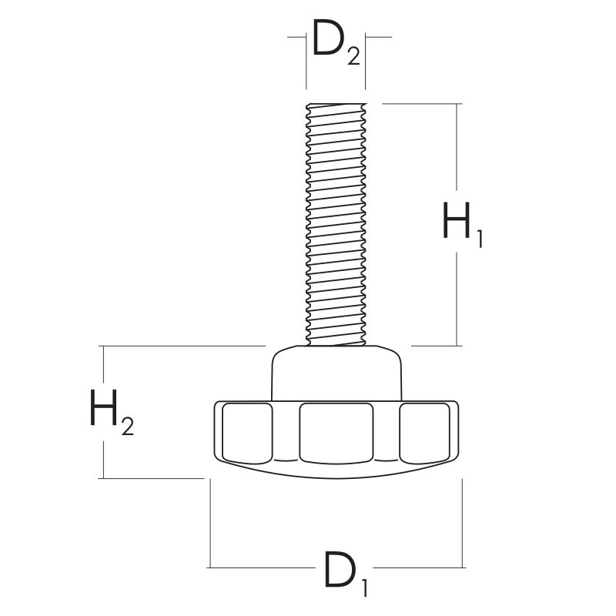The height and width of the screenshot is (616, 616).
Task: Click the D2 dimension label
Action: point(336,42)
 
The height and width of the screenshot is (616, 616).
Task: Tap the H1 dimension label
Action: point(463,224)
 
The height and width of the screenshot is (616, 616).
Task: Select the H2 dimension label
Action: point(112,412)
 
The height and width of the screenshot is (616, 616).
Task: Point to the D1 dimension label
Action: point(346,574)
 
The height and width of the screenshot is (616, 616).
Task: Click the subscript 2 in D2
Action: point(353,56)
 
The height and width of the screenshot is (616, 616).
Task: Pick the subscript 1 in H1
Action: point(480,239)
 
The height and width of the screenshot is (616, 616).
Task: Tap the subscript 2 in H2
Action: point(128,427)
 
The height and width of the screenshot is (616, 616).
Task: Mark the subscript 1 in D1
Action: point(364,588)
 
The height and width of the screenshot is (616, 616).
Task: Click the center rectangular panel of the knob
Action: point(336,433)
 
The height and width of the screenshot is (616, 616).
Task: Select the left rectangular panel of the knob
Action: point(247,433)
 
